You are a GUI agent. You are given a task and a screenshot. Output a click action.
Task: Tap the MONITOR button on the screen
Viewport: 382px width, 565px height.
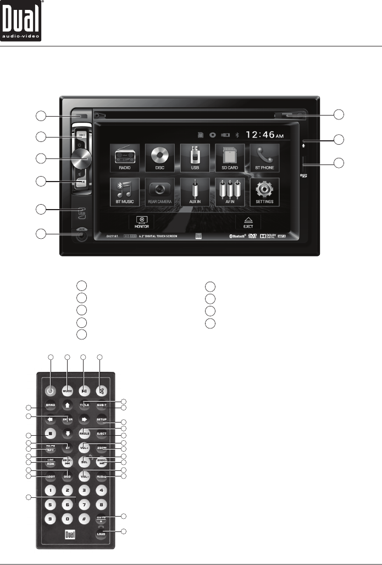pyautogui.click(x=140, y=221)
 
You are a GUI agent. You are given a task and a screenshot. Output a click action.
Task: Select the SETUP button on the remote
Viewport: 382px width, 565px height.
pyautogui.click(x=101, y=420)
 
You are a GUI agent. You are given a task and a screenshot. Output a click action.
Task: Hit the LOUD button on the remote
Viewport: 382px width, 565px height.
pyautogui.click(x=101, y=533)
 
